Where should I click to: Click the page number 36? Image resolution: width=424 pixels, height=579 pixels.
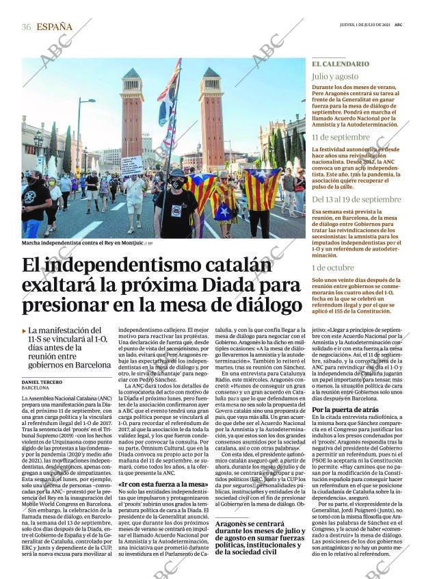pyautogui.click(x=26, y=27)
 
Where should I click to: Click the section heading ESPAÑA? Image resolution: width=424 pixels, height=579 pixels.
pyautogui.click(x=54, y=27)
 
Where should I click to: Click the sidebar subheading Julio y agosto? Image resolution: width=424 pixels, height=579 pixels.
pyautogui.click(x=335, y=77)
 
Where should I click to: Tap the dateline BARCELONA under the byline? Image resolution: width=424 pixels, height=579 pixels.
pyautogui.click(x=36, y=388)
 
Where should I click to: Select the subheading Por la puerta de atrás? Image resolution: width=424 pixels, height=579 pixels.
pyautogui.click(x=345, y=410)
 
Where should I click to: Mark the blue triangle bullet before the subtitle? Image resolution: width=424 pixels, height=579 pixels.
pyautogui.click(x=25, y=331)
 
